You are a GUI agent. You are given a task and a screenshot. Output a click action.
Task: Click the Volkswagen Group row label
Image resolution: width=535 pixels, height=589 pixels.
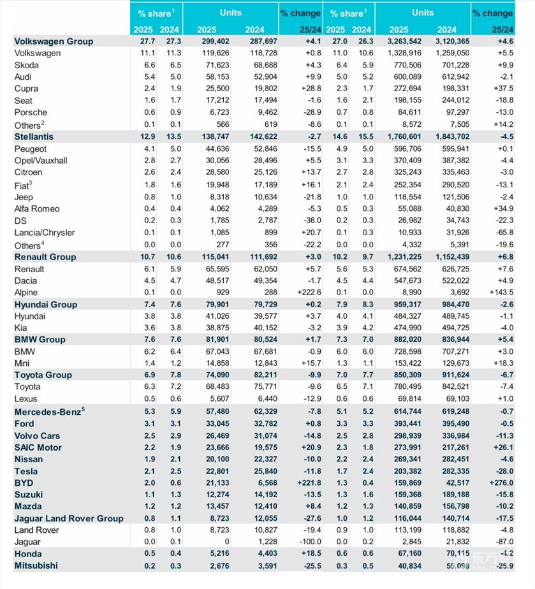click(54, 41)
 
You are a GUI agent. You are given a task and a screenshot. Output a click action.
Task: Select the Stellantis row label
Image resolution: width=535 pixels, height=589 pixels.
click(34, 136)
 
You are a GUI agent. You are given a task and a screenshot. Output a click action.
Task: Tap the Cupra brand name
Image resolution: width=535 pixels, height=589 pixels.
click(26, 89)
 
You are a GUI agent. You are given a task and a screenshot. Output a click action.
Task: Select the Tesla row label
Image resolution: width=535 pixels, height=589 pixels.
click(26, 471)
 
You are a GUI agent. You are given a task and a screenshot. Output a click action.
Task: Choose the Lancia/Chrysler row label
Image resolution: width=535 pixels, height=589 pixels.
click(45, 233)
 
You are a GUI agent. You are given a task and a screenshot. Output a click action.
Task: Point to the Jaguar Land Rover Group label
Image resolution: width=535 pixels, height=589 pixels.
click(69, 519)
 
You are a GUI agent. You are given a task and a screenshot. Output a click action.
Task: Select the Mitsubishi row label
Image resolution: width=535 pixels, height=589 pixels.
click(36, 566)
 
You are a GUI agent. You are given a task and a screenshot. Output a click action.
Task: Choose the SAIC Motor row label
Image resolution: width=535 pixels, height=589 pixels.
click(38, 447)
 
